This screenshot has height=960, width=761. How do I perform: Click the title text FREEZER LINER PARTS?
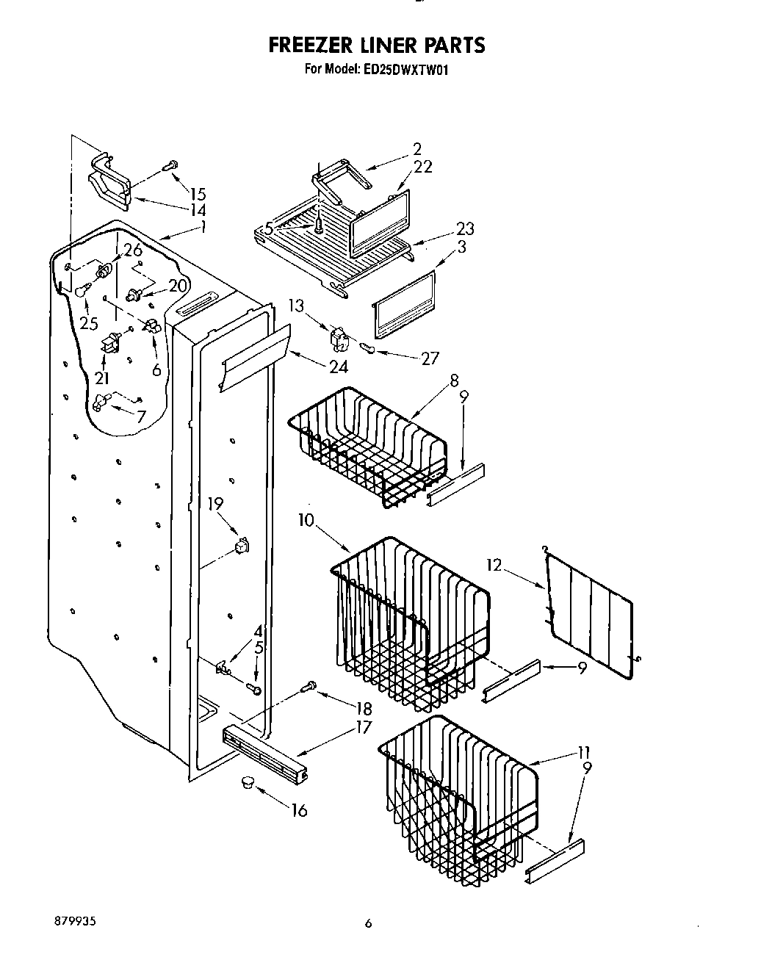376,46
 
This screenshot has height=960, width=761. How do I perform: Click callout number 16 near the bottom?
298,810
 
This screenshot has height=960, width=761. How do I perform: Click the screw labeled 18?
309,687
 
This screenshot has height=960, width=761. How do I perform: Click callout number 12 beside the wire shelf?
494,565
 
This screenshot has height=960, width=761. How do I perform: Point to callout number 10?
306,521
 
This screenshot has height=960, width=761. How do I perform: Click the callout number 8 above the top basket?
455,380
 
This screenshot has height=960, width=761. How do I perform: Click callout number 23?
465,228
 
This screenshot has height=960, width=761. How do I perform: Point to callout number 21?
101,378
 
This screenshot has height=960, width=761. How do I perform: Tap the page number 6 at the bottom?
369,923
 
